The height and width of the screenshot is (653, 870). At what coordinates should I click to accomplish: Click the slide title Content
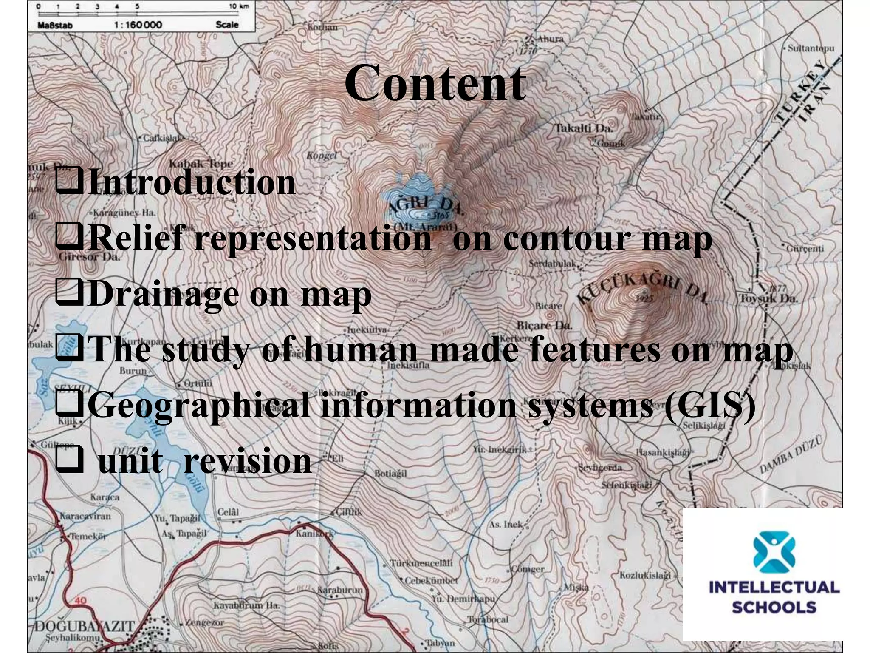coord(435,83)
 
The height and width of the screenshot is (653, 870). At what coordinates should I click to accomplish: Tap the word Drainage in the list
coord(163,294)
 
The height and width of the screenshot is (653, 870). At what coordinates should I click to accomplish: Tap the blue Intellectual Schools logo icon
coord(774,553)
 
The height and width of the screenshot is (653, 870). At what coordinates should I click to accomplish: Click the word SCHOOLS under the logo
coord(774,607)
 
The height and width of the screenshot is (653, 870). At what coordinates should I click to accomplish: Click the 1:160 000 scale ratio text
coord(138,25)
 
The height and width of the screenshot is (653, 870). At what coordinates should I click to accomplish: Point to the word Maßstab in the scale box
coord(55,25)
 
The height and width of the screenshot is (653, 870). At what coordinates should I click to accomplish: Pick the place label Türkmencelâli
coord(421,563)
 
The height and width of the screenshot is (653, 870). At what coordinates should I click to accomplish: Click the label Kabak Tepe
coord(201,164)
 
